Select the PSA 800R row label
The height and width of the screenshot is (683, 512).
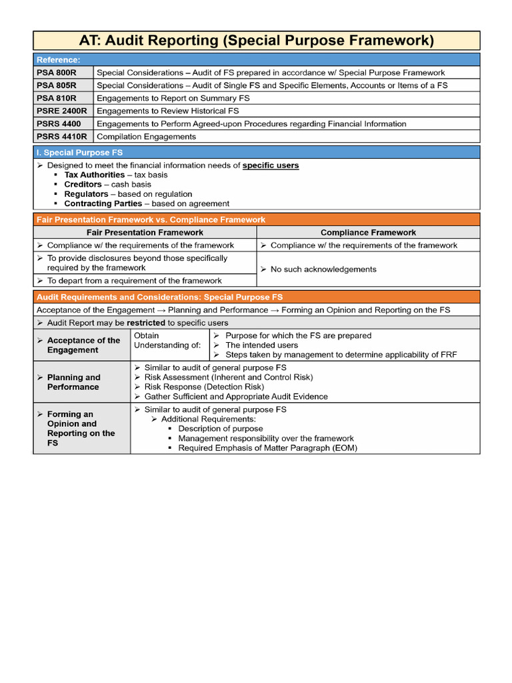(57, 73)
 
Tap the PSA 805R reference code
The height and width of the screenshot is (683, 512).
(57, 85)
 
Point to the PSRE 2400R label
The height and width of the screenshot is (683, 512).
(62, 111)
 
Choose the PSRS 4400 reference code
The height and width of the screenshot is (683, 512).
(59, 123)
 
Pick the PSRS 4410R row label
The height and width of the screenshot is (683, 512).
(62, 136)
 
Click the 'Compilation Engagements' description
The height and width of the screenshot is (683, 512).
(147, 136)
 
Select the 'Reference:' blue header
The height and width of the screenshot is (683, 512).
(59, 60)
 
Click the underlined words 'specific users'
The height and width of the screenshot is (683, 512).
(271, 165)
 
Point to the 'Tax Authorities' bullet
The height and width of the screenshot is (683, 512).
(94, 175)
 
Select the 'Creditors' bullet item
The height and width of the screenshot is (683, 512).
(83, 184)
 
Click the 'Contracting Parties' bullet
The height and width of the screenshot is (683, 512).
(103, 203)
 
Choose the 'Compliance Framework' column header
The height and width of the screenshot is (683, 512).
(368, 233)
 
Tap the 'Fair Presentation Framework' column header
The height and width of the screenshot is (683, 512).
(145, 233)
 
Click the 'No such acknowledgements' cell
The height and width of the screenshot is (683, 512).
(323, 269)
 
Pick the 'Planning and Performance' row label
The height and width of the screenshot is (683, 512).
(73, 382)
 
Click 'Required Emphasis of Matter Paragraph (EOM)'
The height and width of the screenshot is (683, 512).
(267, 448)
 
